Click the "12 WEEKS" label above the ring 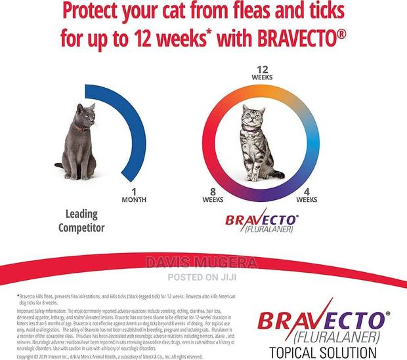click(263, 72)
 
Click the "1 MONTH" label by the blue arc click(134, 195)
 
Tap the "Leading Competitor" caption click(86, 220)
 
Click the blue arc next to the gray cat click(134, 131)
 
